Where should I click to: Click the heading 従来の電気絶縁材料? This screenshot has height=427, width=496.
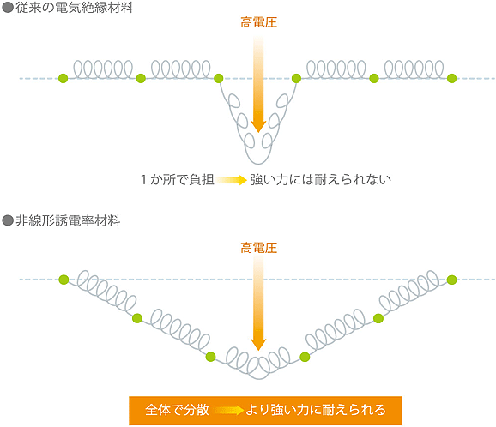(x=75, y=8)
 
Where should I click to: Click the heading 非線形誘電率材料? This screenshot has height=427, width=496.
(x=68, y=220)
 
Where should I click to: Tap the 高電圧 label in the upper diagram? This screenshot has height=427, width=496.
(x=259, y=23)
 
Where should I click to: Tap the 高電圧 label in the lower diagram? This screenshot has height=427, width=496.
(x=259, y=248)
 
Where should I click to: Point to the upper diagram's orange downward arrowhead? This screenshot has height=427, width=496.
(x=258, y=126)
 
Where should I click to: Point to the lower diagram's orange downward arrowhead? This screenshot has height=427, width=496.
(x=258, y=345)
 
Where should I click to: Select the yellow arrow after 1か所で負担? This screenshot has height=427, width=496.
(x=232, y=180)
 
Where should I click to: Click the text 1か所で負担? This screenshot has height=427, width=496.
(x=178, y=180)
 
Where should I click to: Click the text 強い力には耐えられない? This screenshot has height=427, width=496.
(x=321, y=180)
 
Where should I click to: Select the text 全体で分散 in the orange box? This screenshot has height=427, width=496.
(x=177, y=410)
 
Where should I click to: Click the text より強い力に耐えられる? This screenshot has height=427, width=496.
(x=316, y=410)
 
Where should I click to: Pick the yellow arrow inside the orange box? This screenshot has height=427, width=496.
(x=228, y=410)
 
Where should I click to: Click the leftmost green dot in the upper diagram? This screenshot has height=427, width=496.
(x=64, y=78)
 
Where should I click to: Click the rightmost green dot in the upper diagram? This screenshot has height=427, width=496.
(x=451, y=78)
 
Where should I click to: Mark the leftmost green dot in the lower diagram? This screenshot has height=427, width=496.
(x=64, y=280)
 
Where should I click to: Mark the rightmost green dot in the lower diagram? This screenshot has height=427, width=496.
(x=451, y=280)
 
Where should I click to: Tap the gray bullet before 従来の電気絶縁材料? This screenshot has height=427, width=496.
(x=7, y=8)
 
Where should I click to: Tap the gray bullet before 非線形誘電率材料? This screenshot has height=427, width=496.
(x=7, y=220)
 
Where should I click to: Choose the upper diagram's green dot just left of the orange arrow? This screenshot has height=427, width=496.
(x=219, y=78)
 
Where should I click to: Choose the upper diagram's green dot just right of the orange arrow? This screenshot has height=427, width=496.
(x=296, y=78)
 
